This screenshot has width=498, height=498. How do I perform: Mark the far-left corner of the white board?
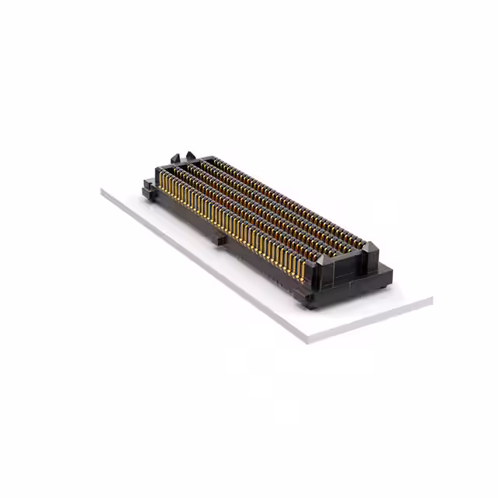click(102, 191)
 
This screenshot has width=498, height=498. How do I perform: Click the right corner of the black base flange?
click(391, 272)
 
